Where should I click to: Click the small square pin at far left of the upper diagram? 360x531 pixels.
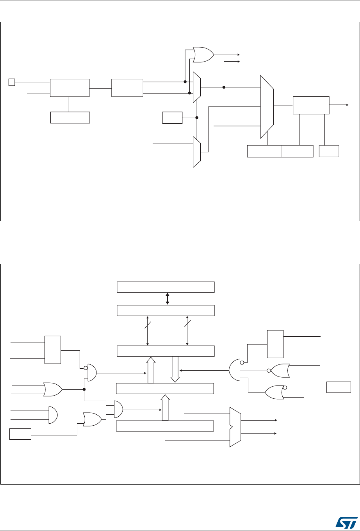pos(12,82)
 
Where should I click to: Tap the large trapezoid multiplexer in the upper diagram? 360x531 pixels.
pos(267,107)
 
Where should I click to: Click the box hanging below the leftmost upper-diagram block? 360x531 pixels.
pos(70,117)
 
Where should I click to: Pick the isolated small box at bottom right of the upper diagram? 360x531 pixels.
pos(329,151)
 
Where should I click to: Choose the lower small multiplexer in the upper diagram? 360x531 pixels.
pos(197,152)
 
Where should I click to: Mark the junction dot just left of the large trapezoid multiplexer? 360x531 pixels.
pos(224,87)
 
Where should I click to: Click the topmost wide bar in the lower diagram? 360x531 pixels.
pos(166,287)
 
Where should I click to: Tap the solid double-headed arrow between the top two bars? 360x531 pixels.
pos(167,298)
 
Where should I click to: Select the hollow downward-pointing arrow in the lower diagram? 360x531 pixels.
pos(175,369)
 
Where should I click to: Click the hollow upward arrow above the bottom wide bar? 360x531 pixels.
pos(165,407)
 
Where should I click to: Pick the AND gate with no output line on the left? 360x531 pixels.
pos(53,415)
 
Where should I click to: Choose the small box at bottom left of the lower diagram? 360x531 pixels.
pos(20,434)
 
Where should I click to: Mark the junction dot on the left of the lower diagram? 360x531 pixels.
pos(84,389)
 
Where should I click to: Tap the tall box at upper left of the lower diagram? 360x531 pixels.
pos(53,350)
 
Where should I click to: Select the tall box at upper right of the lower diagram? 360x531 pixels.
pos(275,344)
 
